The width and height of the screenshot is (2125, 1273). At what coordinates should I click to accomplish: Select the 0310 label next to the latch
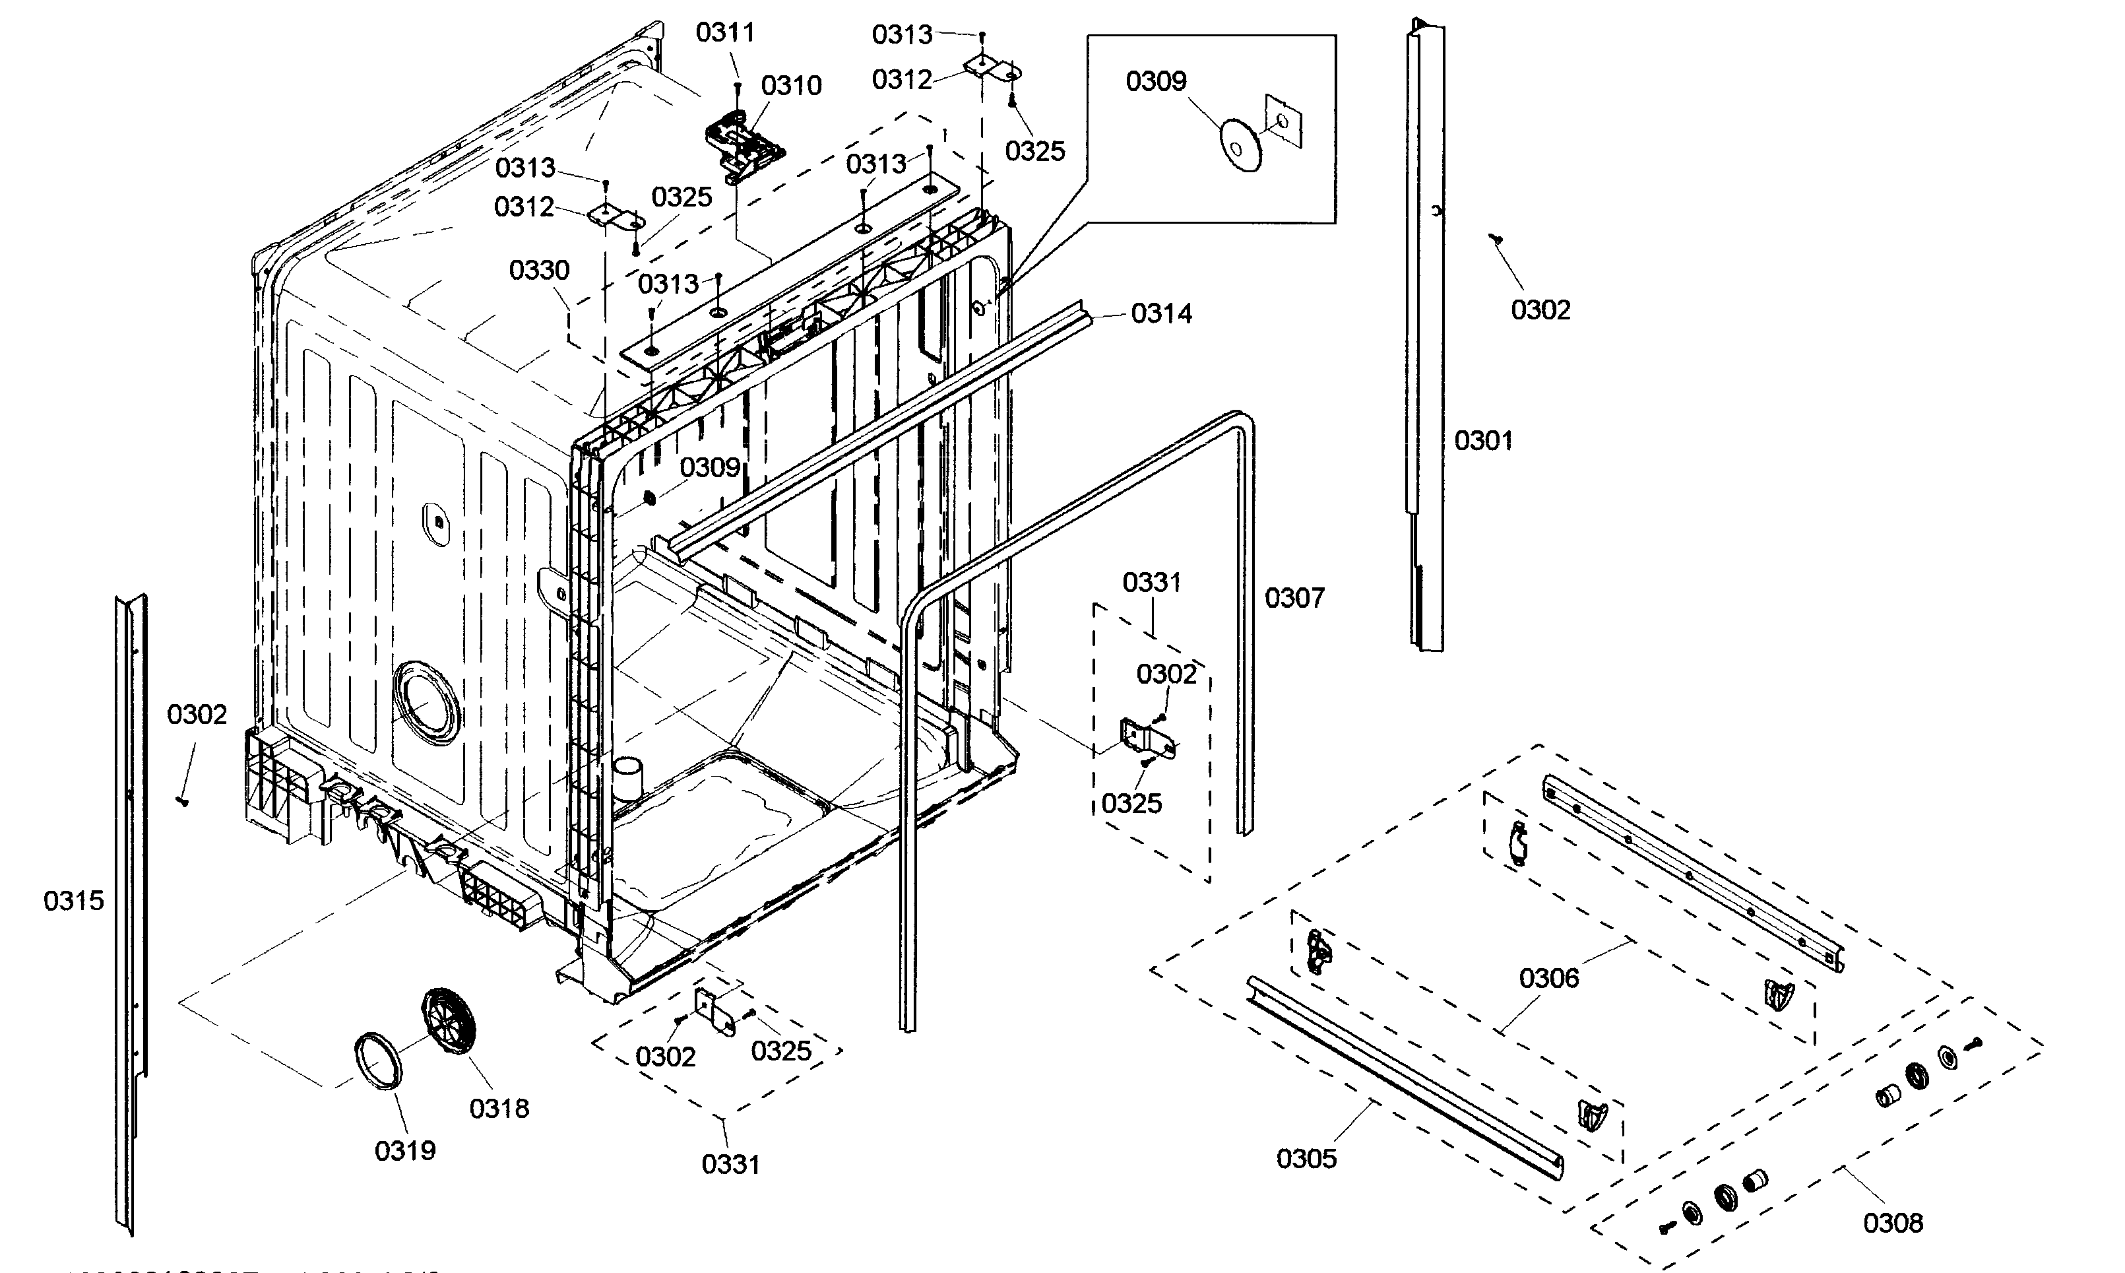(790, 86)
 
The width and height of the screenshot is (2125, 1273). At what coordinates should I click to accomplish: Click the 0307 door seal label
(1294, 598)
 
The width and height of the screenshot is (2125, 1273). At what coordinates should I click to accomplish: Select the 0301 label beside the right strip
(1482, 441)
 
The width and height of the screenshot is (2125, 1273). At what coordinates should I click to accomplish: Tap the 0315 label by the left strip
(74, 901)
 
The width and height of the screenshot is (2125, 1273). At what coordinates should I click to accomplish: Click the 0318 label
(499, 1108)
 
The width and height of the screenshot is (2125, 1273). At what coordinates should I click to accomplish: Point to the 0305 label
(1306, 1159)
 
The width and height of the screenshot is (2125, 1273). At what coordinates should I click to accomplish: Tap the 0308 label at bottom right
(1893, 1222)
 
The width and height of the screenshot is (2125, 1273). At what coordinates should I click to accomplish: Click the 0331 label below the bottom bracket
(730, 1165)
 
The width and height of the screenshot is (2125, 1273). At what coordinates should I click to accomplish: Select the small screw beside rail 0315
(182, 800)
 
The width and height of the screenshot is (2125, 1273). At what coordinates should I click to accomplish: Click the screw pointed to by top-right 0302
(1496, 240)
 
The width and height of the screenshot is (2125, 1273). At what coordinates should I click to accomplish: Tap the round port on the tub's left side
(426, 702)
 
